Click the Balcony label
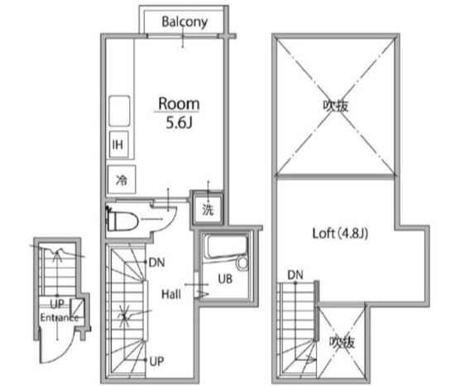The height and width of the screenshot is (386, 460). coord(184,22)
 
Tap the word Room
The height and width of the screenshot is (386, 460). coord(179,104)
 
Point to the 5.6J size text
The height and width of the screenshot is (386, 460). coord(179,123)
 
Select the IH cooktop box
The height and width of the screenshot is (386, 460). coord(118,144)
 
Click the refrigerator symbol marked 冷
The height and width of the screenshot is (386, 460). coord(122,180)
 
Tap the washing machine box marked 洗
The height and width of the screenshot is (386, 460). coord(208,210)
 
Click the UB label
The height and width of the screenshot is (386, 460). coord(225,279)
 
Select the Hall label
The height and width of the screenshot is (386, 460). coord(171,294)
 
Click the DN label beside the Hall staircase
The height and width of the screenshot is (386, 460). coord(157,263)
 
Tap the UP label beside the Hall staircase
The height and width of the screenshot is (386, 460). coord(156,361)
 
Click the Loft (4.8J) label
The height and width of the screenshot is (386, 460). coord(340,234)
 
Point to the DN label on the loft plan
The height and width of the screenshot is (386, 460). coord(295,275)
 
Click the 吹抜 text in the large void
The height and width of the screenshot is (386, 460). coord(336,106)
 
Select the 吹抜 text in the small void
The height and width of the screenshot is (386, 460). coord(342,342)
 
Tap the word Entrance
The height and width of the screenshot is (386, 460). coord(60,317)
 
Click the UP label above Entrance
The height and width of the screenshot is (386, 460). coord(57,304)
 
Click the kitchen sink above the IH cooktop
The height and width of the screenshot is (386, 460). coord(119,111)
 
